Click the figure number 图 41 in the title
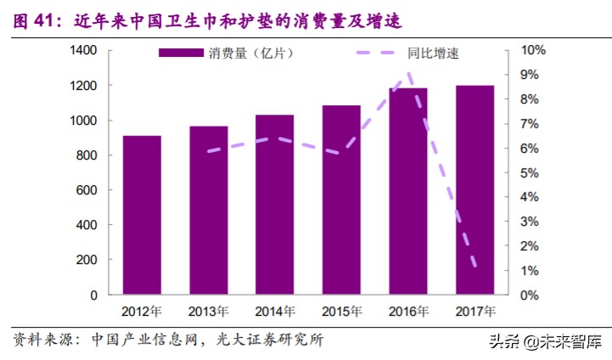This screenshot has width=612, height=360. (36, 19)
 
